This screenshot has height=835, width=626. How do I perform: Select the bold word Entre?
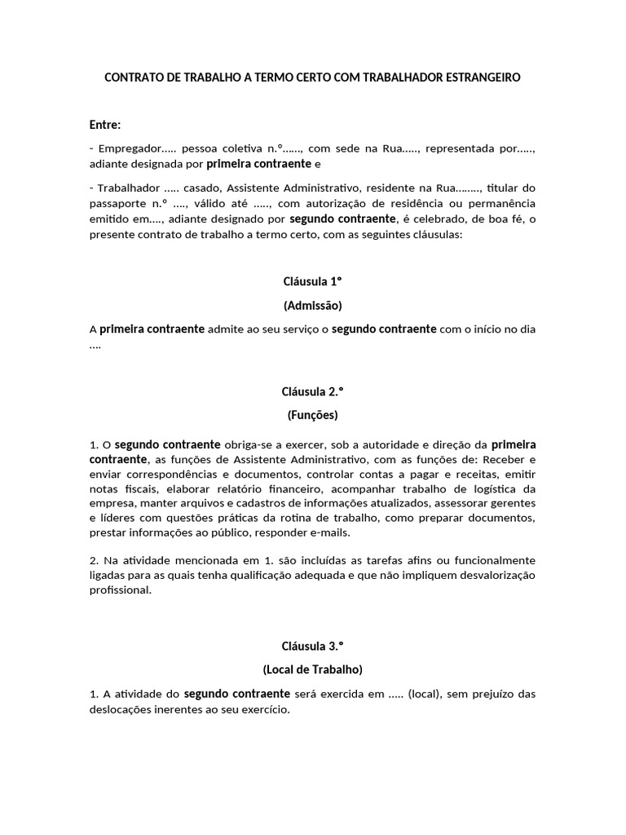pos(105,125)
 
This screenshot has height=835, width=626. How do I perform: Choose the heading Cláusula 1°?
pos(312,282)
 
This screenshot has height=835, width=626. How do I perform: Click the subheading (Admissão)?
pos(312,306)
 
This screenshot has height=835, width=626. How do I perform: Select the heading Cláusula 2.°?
pos(312,391)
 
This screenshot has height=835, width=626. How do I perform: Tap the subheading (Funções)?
pos(312,415)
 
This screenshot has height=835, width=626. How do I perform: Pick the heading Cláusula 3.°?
pos(312,646)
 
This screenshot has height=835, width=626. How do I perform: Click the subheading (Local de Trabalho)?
pos(312,669)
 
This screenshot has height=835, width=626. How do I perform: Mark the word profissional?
pos(120,591)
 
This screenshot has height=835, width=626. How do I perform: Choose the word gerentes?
pos(514,504)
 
